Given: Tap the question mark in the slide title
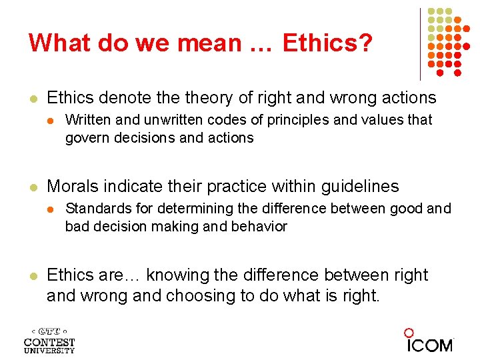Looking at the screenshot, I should pyautogui.click(x=366, y=43).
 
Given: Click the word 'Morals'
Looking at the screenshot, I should pyautogui.click(x=71, y=187).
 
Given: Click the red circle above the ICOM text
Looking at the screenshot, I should pyautogui.click(x=409, y=333).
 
